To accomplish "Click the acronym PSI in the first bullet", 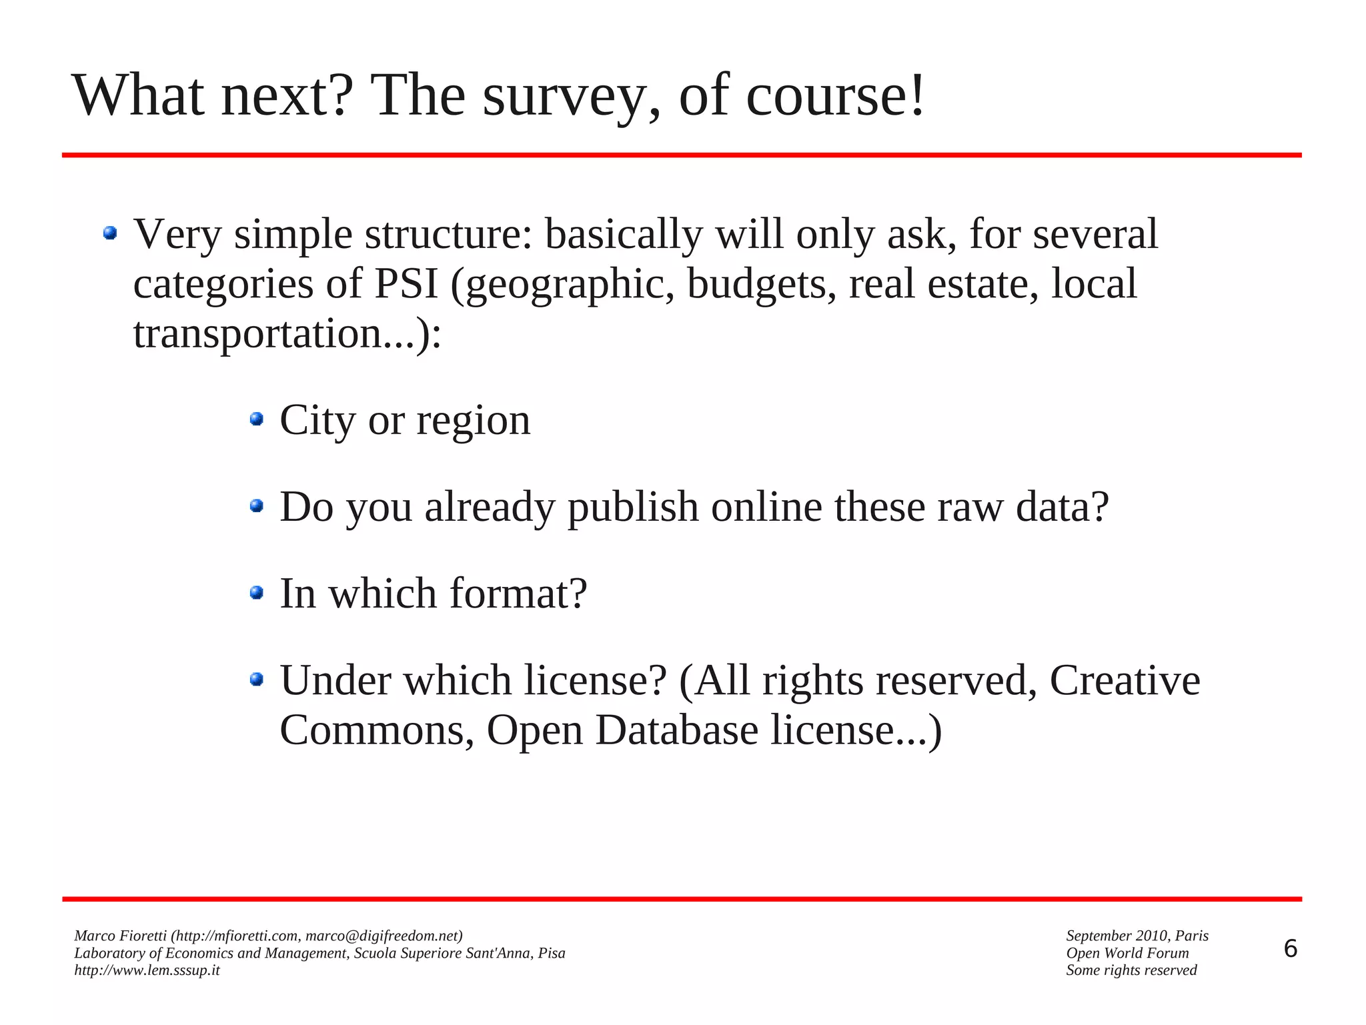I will (406, 283).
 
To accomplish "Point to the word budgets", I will (761, 285).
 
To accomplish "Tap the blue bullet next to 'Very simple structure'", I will (110, 233).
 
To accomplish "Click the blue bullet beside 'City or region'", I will (257, 419).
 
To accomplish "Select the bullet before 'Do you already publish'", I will (257, 505).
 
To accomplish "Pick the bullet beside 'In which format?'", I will (257, 592).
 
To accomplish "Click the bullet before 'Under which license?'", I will (257, 679).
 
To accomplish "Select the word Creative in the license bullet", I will (1125, 681).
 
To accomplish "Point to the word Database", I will (676, 730).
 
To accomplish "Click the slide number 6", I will (1290, 949).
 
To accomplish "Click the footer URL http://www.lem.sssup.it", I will (147, 970).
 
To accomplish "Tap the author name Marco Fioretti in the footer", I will (120, 936).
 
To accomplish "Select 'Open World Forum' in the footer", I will (1127, 953).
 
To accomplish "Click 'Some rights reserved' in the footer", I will (1131, 970).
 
